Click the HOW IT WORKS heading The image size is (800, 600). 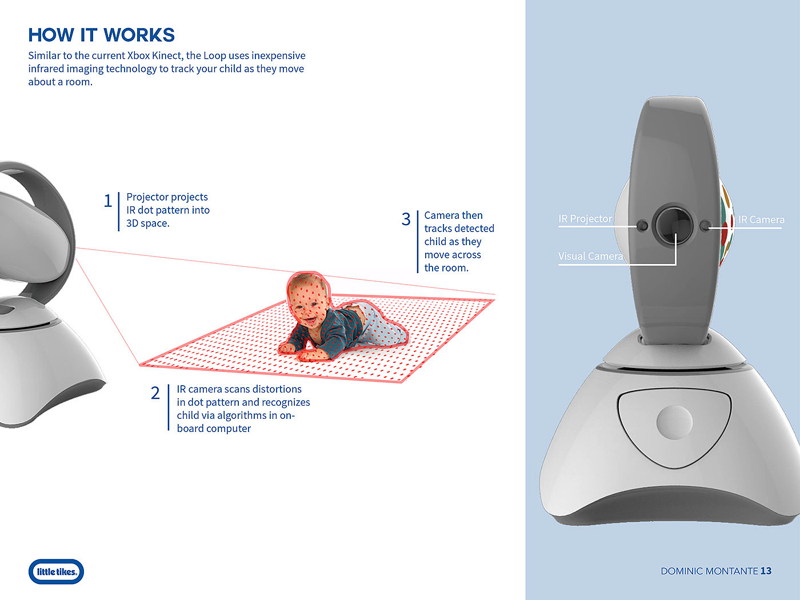click(x=101, y=35)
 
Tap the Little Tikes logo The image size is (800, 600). click(x=56, y=571)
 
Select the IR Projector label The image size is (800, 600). click(x=585, y=219)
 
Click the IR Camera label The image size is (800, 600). click(x=761, y=219)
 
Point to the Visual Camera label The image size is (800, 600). click(x=590, y=256)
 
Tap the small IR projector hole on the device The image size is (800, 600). click(x=642, y=226)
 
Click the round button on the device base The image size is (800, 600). click(x=674, y=422)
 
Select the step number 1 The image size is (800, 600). click(x=108, y=201)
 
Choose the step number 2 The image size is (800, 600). click(x=155, y=393)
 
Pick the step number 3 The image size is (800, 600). click(x=406, y=219)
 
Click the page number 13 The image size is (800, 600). click(x=766, y=571)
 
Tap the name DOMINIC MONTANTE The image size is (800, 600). click(x=709, y=571)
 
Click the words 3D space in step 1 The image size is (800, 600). click(x=147, y=223)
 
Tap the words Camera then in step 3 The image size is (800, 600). click(x=453, y=215)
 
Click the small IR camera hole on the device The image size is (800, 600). click(x=705, y=226)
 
